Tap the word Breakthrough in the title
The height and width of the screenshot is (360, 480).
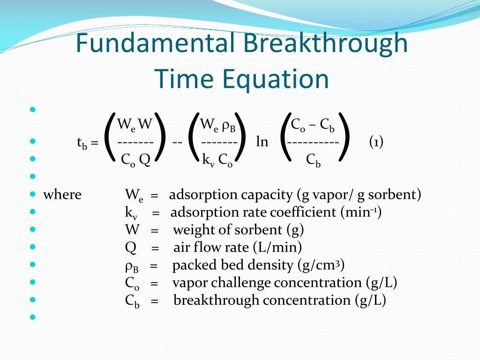coord(325,43)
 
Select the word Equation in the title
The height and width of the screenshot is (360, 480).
coord(275,79)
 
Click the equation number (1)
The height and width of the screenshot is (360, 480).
coord(376,142)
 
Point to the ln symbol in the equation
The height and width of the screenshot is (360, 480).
coord(262,142)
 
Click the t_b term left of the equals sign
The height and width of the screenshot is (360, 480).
coord(82,143)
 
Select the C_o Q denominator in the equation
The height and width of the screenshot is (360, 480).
coord(135,160)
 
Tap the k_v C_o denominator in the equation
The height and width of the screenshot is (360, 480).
coord(217,160)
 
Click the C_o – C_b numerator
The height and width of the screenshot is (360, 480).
coord(313,125)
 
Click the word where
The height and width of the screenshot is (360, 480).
coord(62,195)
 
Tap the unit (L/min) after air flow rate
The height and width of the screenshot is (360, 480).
coord(277,247)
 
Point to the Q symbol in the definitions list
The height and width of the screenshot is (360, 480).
coord(131,247)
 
